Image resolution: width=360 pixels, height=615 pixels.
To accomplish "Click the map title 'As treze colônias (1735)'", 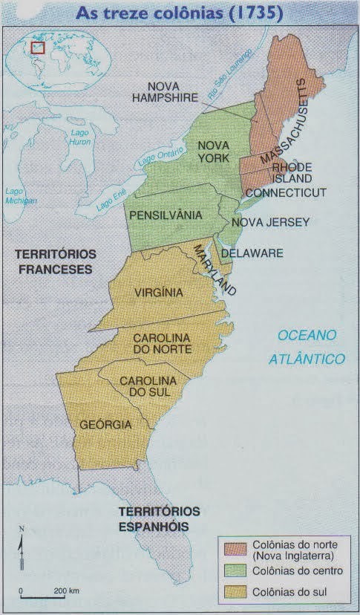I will coord(180,13).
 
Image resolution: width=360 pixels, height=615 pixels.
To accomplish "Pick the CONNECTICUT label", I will coord(286,192).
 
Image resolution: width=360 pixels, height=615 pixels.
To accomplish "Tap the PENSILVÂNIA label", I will coord(165,215).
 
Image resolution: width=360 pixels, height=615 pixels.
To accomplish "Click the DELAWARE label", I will coord(252,253).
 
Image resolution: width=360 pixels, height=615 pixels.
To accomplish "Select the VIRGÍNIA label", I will coord(159,292).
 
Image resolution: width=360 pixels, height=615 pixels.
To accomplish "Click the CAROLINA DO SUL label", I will coord(147,385).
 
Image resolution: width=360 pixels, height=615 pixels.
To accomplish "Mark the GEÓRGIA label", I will coord(106,425).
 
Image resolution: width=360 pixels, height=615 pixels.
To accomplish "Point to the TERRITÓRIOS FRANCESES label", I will coord(56,261).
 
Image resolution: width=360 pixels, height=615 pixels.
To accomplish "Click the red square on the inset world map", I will coord(38,48).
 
